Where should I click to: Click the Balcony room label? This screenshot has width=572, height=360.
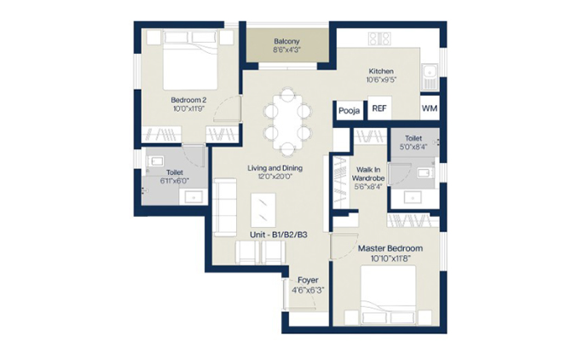286,41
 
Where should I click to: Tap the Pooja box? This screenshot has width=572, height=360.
350,111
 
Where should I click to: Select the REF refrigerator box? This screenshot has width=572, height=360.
379,108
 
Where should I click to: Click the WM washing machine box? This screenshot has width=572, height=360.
430,108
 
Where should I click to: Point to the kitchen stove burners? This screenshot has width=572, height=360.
379,38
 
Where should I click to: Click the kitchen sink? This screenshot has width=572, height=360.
430,77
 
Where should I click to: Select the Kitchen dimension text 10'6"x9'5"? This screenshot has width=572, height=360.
381,79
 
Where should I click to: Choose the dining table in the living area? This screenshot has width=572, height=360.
287,122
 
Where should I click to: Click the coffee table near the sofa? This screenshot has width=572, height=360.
263,211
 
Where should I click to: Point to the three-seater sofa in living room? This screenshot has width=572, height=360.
225,207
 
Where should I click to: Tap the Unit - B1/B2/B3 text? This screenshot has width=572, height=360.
279,235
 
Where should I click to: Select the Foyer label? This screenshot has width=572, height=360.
308,280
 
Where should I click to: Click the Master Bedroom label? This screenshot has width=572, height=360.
390,248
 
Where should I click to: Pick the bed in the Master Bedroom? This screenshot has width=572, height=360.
389,295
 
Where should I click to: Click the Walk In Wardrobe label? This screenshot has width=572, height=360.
368,174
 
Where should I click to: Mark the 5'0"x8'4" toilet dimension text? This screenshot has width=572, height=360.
413,147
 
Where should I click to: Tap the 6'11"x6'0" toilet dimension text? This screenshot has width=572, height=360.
175,180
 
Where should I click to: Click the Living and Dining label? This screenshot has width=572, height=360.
275,168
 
